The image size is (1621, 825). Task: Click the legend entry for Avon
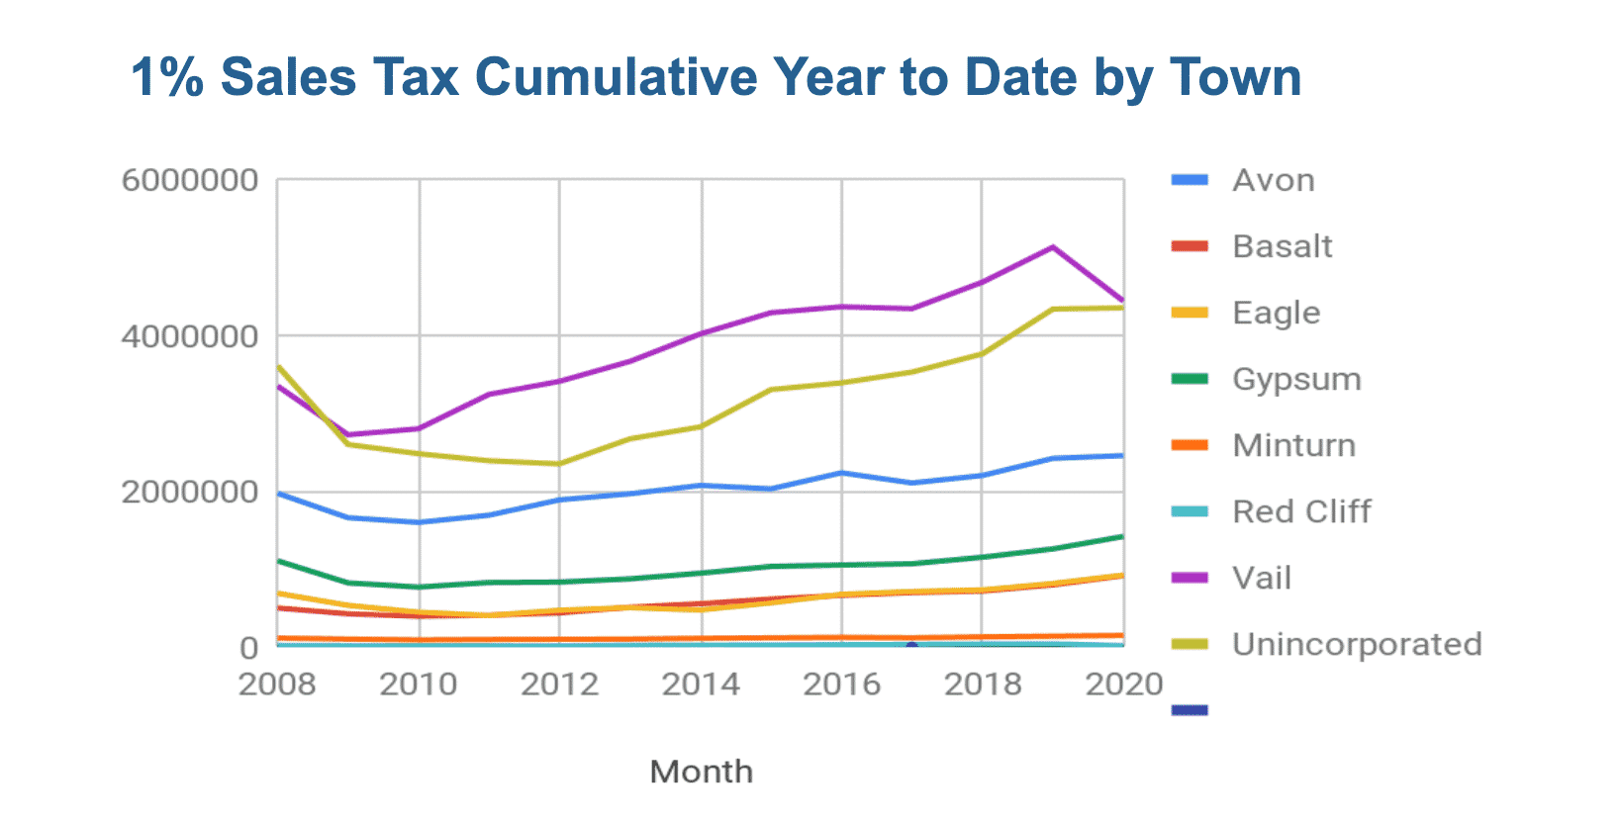click(1273, 181)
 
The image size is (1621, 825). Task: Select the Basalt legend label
click(1282, 246)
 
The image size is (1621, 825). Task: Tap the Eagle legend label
click(1276, 314)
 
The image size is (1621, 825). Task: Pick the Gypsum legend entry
click(1296, 380)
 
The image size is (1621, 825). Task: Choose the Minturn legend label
click(1293, 446)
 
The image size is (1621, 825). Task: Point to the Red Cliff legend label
click(1301, 512)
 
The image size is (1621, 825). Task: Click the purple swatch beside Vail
click(1190, 578)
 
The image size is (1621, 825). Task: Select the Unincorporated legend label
click(1356, 645)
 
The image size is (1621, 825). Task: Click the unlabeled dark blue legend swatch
click(1190, 710)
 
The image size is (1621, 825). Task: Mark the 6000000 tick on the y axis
click(190, 181)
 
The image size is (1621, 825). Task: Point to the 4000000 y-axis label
click(190, 336)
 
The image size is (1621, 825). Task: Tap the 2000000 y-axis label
click(190, 492)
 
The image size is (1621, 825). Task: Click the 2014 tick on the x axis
click(701, 685)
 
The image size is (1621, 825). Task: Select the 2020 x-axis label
click(1123, 685)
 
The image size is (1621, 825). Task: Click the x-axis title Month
click(701, 772)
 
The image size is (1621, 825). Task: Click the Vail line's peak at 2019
click(1053, 246)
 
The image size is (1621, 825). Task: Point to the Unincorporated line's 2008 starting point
click(278, 366)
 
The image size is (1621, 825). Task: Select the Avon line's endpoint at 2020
click(1123, 456)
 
